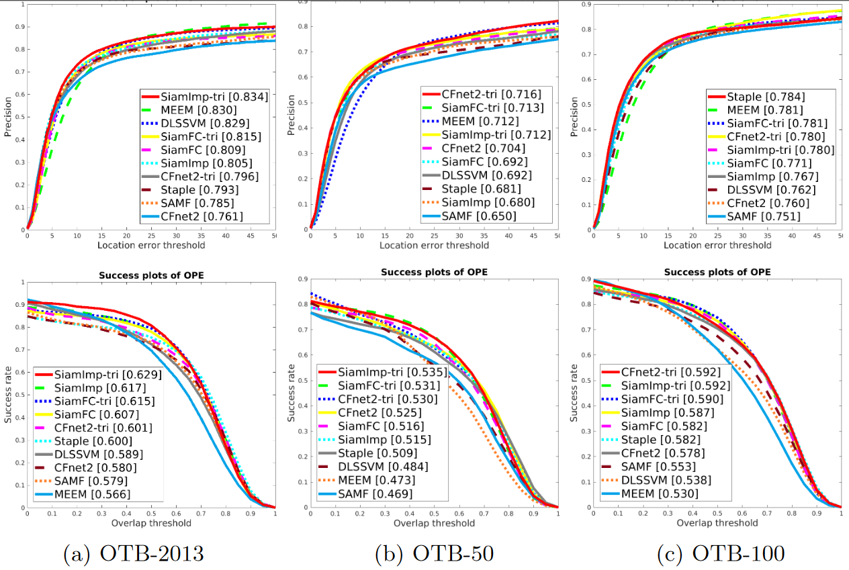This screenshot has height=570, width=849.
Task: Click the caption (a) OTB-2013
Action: pyautogui.click(x=134, y=554)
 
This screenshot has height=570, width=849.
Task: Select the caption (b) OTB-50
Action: pyautogui.click(x=424, y=554)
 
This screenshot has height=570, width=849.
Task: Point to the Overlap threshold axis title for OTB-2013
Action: pyautogui.click(x=150, y=522)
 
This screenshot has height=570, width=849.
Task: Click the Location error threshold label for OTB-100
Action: pyautogui.click(x=717, y=245)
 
